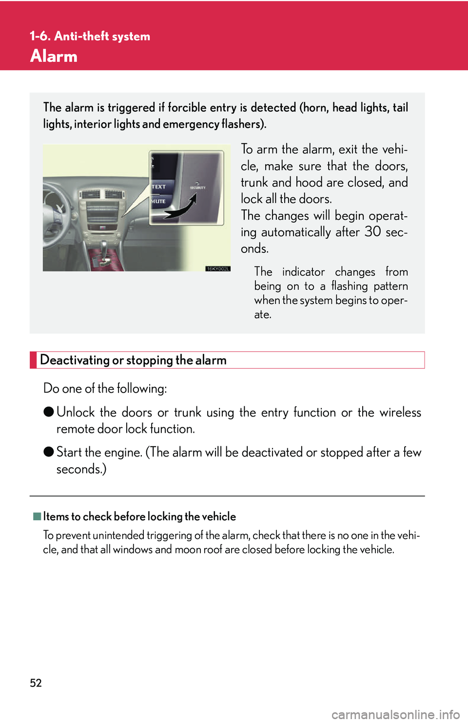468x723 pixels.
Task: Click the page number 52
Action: click(36, 683)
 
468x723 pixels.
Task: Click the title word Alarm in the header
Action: click(54, 56)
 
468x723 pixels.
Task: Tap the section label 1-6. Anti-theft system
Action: click(90, 36)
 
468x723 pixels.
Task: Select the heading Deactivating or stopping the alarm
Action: click(133, 360)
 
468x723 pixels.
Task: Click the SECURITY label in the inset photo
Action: click(197, 187)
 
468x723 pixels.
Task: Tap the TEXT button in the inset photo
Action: click(158, 187)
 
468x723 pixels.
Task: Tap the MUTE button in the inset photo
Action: click(158, 201)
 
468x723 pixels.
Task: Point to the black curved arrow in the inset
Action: click(182, 208)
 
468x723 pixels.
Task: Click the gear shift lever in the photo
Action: click(103, 249)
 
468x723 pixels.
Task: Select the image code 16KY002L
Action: click(217, 268)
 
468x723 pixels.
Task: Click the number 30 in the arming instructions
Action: click(373, 232)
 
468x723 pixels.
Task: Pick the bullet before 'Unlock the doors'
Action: click(48, 412)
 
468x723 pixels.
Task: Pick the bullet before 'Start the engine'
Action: click(48, 452)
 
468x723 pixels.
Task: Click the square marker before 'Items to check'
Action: click(37, 516)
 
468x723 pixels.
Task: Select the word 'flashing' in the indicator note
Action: click(349, 286)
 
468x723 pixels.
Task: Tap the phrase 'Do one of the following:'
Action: click(105, 388)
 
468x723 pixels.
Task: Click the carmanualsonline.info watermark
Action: click(395, 714)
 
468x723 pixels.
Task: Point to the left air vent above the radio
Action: click(90, 194)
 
